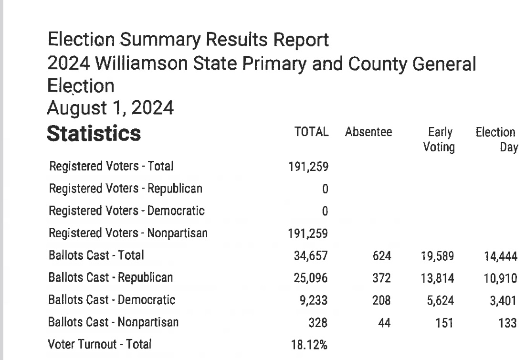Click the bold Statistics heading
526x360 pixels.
(x=94, y=134)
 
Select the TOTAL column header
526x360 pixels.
(x=312, y=133)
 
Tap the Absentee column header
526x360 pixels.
(x=368, y=133)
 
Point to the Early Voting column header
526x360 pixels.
(x=439, y=140)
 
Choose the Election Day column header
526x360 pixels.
(x=496, y=140)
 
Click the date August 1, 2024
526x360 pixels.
(x=110, y=109)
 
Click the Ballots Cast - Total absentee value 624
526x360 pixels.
(x=382, y=256)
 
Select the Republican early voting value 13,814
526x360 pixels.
(x=437, y=278)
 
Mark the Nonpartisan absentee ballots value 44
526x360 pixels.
(x=384, y=323)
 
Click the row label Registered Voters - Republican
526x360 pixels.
(x=126, y=189)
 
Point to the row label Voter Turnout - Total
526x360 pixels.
(x=100, y=344)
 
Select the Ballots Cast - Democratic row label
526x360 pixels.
(x=112, y=300)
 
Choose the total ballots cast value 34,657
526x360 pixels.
(x=311, y=256)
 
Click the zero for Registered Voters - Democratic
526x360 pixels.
(x=325, y=211)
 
